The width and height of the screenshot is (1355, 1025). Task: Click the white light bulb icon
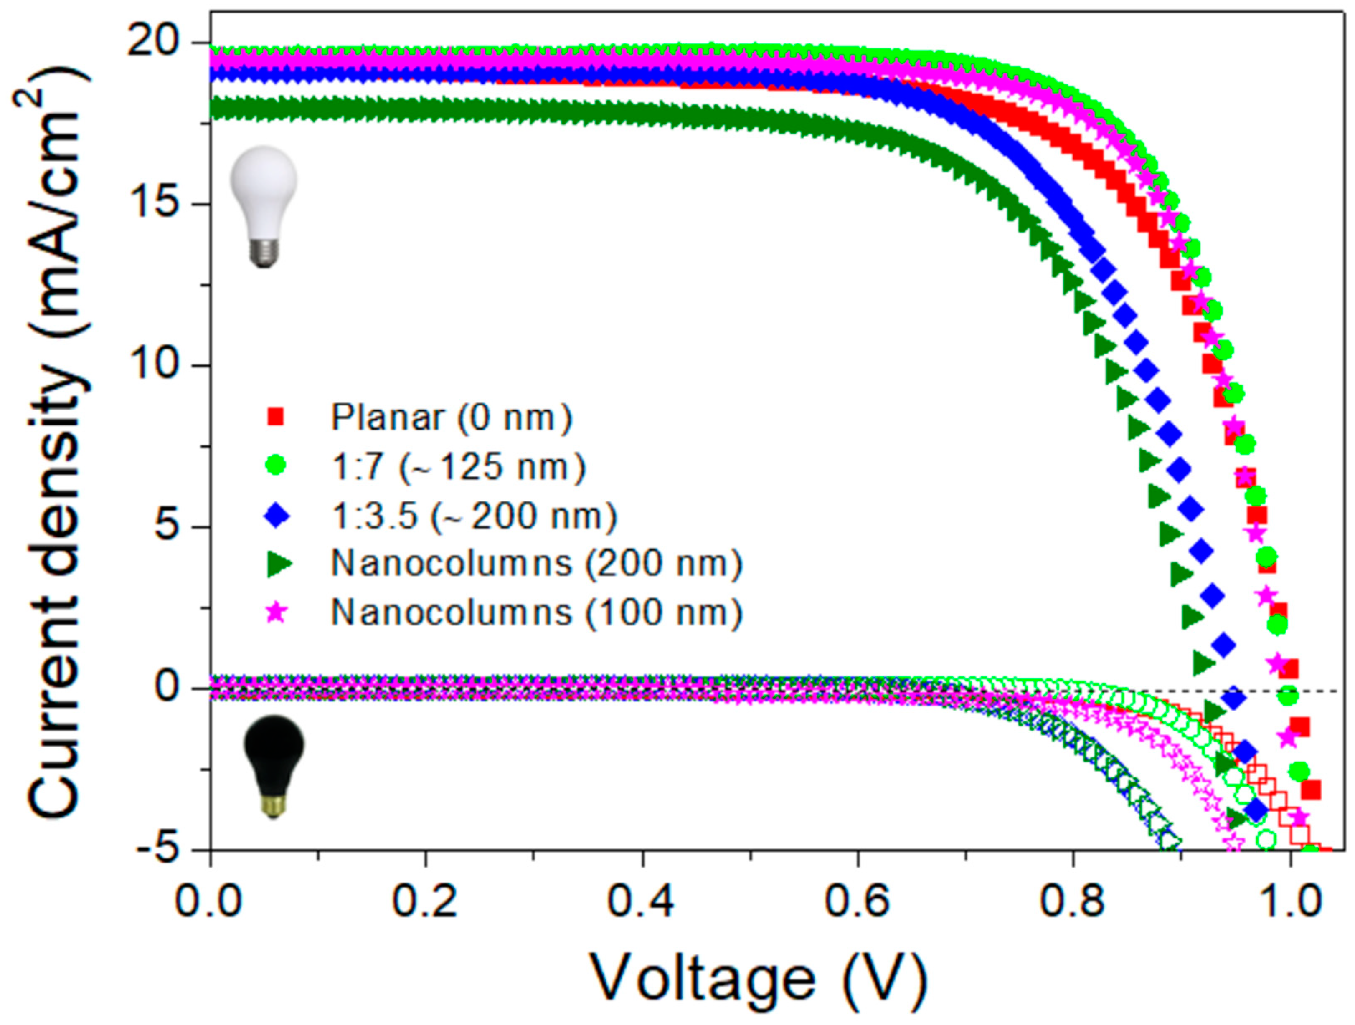[x=264, y=205]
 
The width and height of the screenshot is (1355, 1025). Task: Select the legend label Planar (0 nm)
[x=452, y=418]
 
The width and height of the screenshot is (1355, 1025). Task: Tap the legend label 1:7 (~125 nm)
[x=458, y=467]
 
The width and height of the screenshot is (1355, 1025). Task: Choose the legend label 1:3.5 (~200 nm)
[x=474, y=516]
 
